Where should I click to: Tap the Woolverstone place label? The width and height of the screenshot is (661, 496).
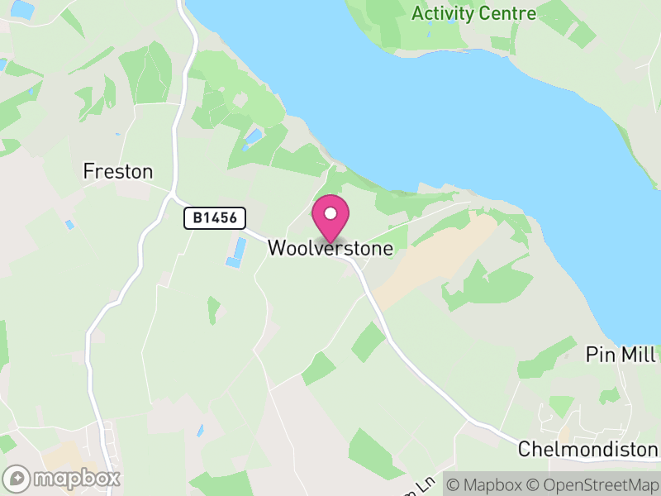(x=330, y=247)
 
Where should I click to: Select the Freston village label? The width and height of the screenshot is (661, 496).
(x=118, y=172)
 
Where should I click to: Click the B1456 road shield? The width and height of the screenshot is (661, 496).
(x=216, y=218)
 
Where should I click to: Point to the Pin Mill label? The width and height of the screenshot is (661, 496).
(x=620, y=355)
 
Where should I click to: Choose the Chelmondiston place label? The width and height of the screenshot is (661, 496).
(x=587, y=449)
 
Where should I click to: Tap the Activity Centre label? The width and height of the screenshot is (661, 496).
(x=473, y=13)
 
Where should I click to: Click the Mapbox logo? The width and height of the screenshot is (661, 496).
(x=63, y=478)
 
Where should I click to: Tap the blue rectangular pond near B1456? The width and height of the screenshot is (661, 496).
(x=236, y=252)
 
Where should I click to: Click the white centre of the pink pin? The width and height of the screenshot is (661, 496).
(x=330, y=214)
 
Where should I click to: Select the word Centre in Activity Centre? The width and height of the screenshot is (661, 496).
(x=509, y=13)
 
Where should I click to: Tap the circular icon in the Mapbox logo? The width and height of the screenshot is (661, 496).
(x=17, y=478)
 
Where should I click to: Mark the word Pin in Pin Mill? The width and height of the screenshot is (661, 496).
(x=599, y=355)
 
